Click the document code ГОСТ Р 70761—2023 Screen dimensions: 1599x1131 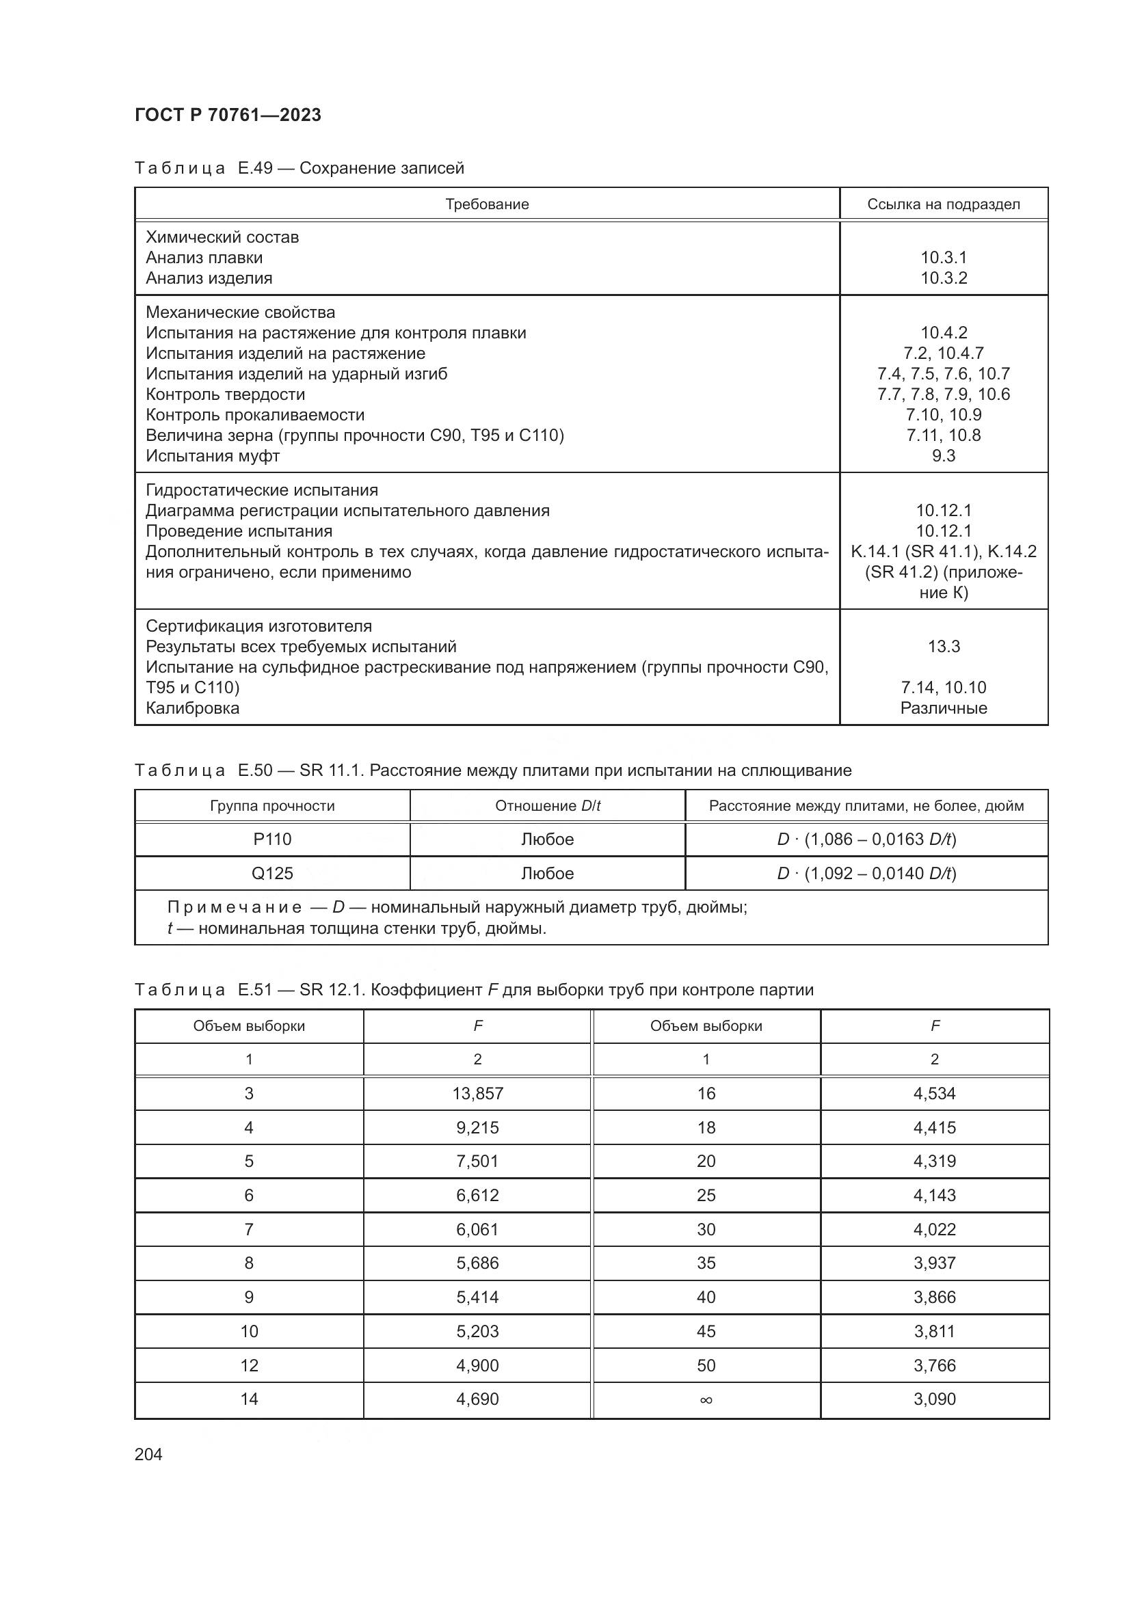tap(228, 115)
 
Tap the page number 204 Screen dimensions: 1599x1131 tap(148, 1454)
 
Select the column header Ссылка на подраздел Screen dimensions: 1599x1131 tap(943, 204)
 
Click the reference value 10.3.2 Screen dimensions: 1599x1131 tap(944, 278)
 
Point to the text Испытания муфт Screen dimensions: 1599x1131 tap(213, 456)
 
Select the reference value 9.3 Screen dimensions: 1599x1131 tap(944, 456)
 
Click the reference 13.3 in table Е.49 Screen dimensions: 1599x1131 tap(944, 646)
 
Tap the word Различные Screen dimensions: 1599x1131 tap(944, 708)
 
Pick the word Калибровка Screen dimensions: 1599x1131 tap(192, 708)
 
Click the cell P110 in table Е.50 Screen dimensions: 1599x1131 tap(272, 839)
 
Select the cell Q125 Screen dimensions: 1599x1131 tap(272, 873)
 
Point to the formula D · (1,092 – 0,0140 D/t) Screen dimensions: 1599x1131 tap(866, 873)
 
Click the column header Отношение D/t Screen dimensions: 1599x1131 tap(548, 806)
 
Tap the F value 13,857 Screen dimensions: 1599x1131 tap(478, 1093)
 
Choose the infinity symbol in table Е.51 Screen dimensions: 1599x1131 tap(706, 1399)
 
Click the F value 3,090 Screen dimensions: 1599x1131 tap(935, 1399)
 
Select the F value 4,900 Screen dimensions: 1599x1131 tap(478, 1365)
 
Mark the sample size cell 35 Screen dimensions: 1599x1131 tap(706, 1263)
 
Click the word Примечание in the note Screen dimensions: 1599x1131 tap(235, 907)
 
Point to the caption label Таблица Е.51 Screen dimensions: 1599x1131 tap(202, 990)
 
